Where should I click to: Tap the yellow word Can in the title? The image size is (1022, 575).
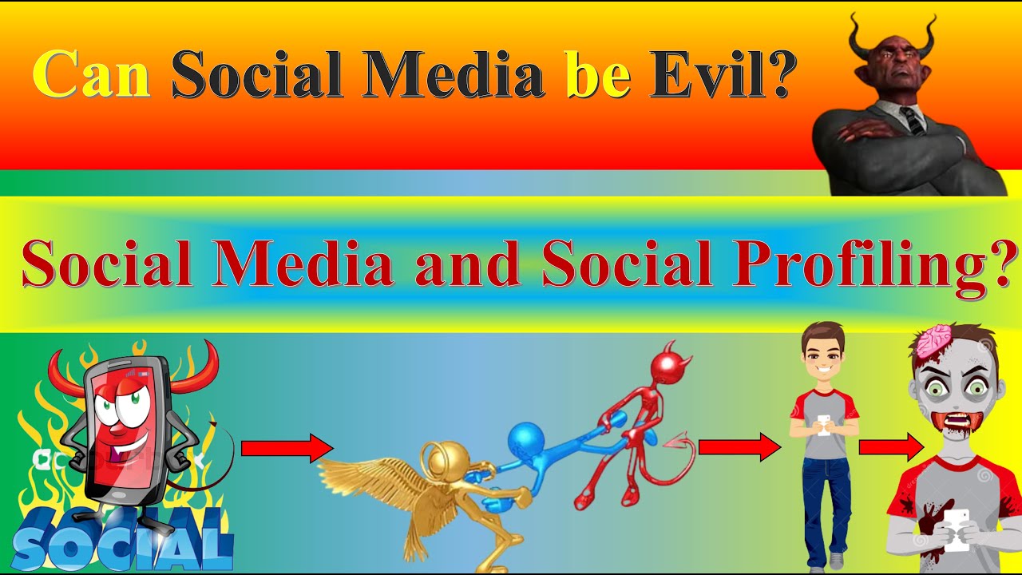(92, 74)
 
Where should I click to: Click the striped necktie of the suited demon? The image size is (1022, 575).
(913, 119)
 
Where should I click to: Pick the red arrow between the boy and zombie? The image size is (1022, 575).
(889, 447)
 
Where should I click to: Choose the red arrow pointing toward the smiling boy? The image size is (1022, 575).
(738, 447)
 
